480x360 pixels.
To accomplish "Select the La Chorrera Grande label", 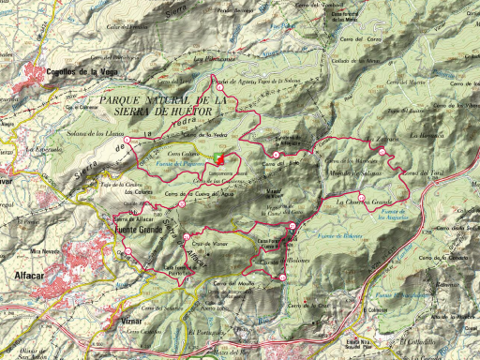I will point(362,202).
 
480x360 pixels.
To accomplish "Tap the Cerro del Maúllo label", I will point(228,283).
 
